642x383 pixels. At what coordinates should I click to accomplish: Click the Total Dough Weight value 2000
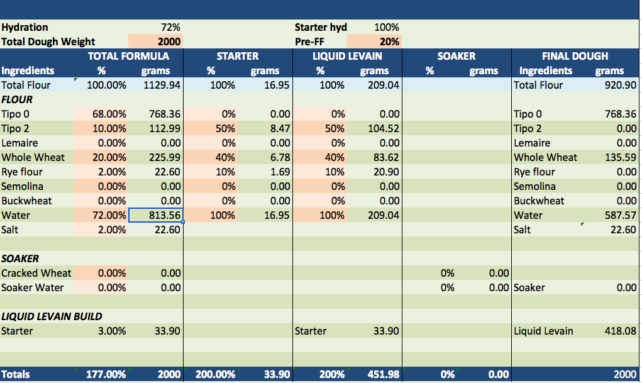(x=169, y=42)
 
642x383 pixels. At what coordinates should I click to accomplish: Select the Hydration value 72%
(x=170, y=27)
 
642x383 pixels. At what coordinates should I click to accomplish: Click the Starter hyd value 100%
(x=387, y=27)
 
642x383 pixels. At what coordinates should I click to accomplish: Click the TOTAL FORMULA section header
(x=128, y=56)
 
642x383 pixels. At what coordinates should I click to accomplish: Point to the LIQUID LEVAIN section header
(x=348, y=56)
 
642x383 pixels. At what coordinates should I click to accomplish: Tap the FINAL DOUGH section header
(x=575, y=56)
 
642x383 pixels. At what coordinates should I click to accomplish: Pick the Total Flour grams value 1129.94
(x=162, y=85)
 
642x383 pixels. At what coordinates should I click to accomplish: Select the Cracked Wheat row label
(x=36, y=273)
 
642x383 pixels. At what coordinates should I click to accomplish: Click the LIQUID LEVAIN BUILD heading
(x=52, y=316)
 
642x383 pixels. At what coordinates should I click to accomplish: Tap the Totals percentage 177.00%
(x=106, y=374)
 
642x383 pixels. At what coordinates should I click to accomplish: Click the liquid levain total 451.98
(x=382, y=374)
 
